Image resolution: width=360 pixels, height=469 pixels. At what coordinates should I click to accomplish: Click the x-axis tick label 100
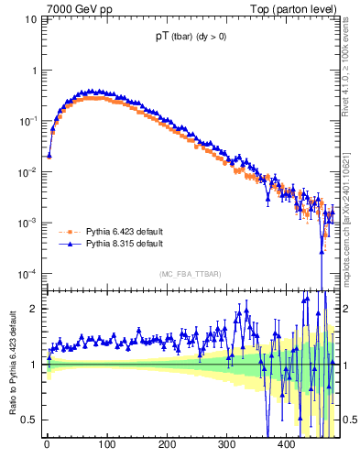coord(107,444)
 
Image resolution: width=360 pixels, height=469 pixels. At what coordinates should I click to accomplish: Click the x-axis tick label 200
coord(167,444)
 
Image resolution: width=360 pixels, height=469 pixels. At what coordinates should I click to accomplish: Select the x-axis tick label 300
coord(226,444)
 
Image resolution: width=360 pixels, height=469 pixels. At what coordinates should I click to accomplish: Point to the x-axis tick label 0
coord(48,444)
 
